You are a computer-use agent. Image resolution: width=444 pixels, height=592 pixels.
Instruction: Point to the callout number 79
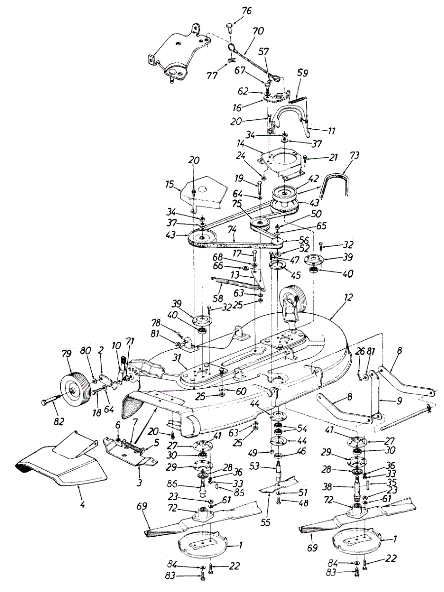(67, 354)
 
